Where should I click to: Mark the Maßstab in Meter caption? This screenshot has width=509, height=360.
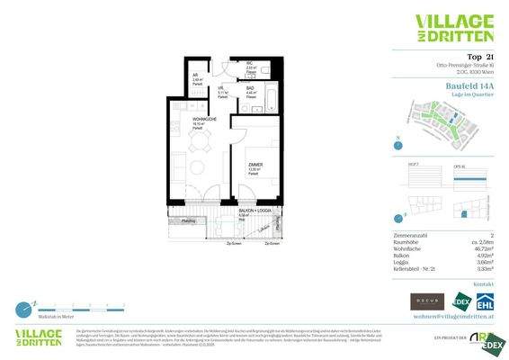tap(33, 317)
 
